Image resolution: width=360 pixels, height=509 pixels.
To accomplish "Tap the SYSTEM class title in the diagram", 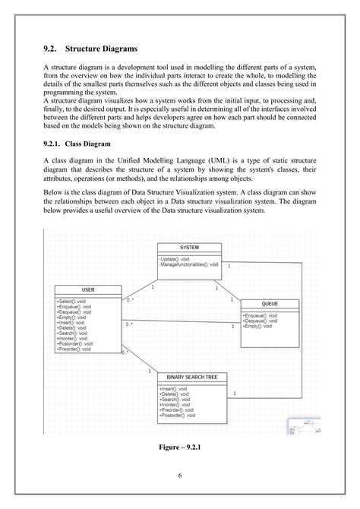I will (190, 248).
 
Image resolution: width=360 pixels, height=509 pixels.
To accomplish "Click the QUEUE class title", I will (270, 304).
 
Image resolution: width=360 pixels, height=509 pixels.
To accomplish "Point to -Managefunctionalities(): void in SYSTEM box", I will (189, 264).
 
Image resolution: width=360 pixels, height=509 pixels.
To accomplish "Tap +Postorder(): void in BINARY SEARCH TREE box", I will (178, 416).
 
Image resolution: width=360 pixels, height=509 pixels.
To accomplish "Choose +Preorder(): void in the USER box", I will (74, 349).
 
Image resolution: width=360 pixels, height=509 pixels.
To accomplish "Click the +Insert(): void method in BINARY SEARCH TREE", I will (174, 388).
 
